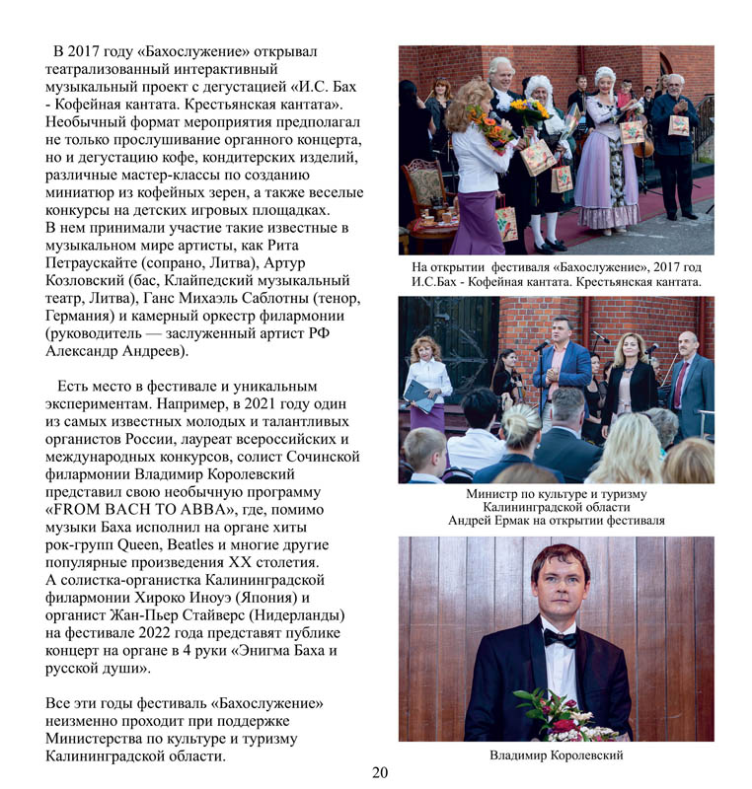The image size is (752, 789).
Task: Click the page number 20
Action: (381, 773)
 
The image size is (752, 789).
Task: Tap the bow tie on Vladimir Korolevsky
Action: (561, 638)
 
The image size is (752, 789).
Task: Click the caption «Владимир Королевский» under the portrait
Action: (556, 755)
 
